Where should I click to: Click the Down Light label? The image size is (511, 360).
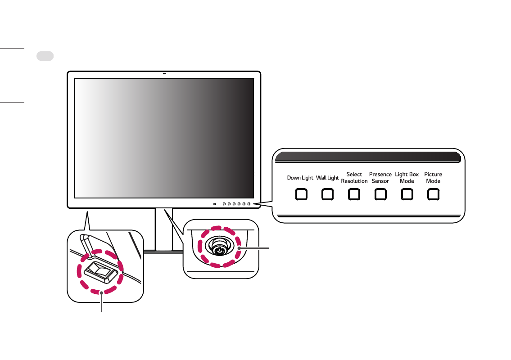pos(300,178)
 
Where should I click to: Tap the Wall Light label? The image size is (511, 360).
pos(327,178)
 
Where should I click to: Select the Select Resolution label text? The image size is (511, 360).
pos(354,178)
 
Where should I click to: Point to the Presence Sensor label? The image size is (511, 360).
pos(380,178)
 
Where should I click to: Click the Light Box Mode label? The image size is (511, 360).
pos(407,178)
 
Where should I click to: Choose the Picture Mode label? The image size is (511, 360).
pos(433,178)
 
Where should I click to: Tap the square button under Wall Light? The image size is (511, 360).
pos(327,194)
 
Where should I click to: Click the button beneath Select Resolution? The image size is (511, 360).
pos(354,194)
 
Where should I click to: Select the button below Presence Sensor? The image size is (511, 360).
pos(380,194)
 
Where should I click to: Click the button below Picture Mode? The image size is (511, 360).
pos(433,194)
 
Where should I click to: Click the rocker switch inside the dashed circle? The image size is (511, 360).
pos(98,271)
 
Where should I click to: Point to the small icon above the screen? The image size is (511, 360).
pos(165,74)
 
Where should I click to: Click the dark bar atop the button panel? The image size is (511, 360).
pos(367,157)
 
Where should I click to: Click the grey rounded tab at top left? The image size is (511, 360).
pos(45,56)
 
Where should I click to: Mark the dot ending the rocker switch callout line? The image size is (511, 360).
pos(102,293)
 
